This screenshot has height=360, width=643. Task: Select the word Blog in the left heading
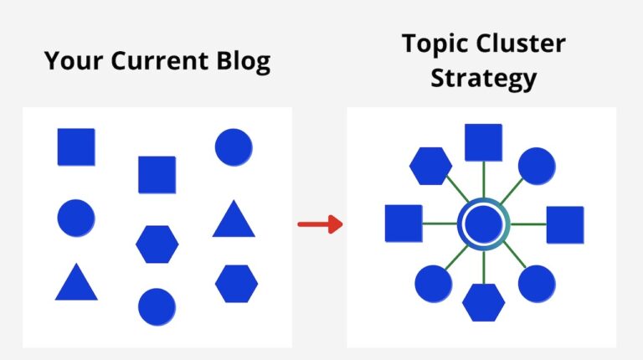(x=243, y=61)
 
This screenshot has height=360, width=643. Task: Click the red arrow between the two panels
(x=320, y=224)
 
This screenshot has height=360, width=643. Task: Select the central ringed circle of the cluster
(x=483, y=224)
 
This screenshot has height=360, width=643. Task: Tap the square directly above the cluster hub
(x=483, y=142)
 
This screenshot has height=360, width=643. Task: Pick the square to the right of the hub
(x=564, y=224)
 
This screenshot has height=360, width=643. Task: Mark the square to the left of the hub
(x=403, y=224)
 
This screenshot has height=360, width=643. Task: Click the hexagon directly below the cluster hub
(x=483, y=302)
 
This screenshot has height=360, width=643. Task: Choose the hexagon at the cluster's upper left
(x=430, y=166)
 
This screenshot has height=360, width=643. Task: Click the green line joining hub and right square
(x=527, y=224)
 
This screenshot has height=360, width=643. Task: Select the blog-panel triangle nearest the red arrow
(x=234, y=220)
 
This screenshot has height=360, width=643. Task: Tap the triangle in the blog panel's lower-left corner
(x=76, y=283)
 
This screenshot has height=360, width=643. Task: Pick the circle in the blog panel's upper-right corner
(x=234, y=147)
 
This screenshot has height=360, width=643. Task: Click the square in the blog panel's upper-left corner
(x=76, y=147)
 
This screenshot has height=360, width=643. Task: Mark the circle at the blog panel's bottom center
(x=157, y=306)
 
